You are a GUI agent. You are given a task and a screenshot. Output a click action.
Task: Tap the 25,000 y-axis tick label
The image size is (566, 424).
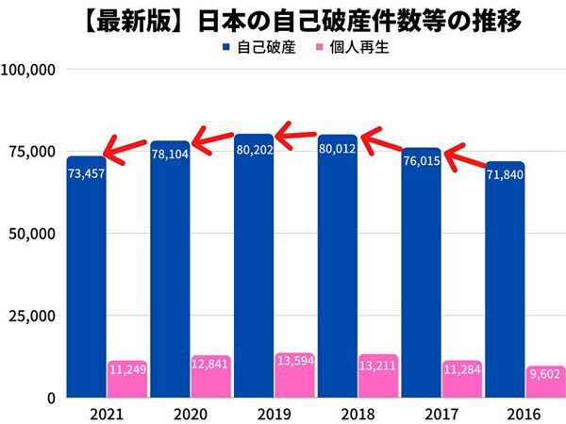pyautogui.click(x=34, y=316)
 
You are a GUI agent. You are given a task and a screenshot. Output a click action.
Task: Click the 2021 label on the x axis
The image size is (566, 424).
pyautogui.click(x=86, y=413)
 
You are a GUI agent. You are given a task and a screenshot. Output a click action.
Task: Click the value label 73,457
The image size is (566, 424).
pyautogui.click(x=86, y=172)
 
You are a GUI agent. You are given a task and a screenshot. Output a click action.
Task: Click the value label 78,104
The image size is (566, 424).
pyautogui.click(x=171, y=154)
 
